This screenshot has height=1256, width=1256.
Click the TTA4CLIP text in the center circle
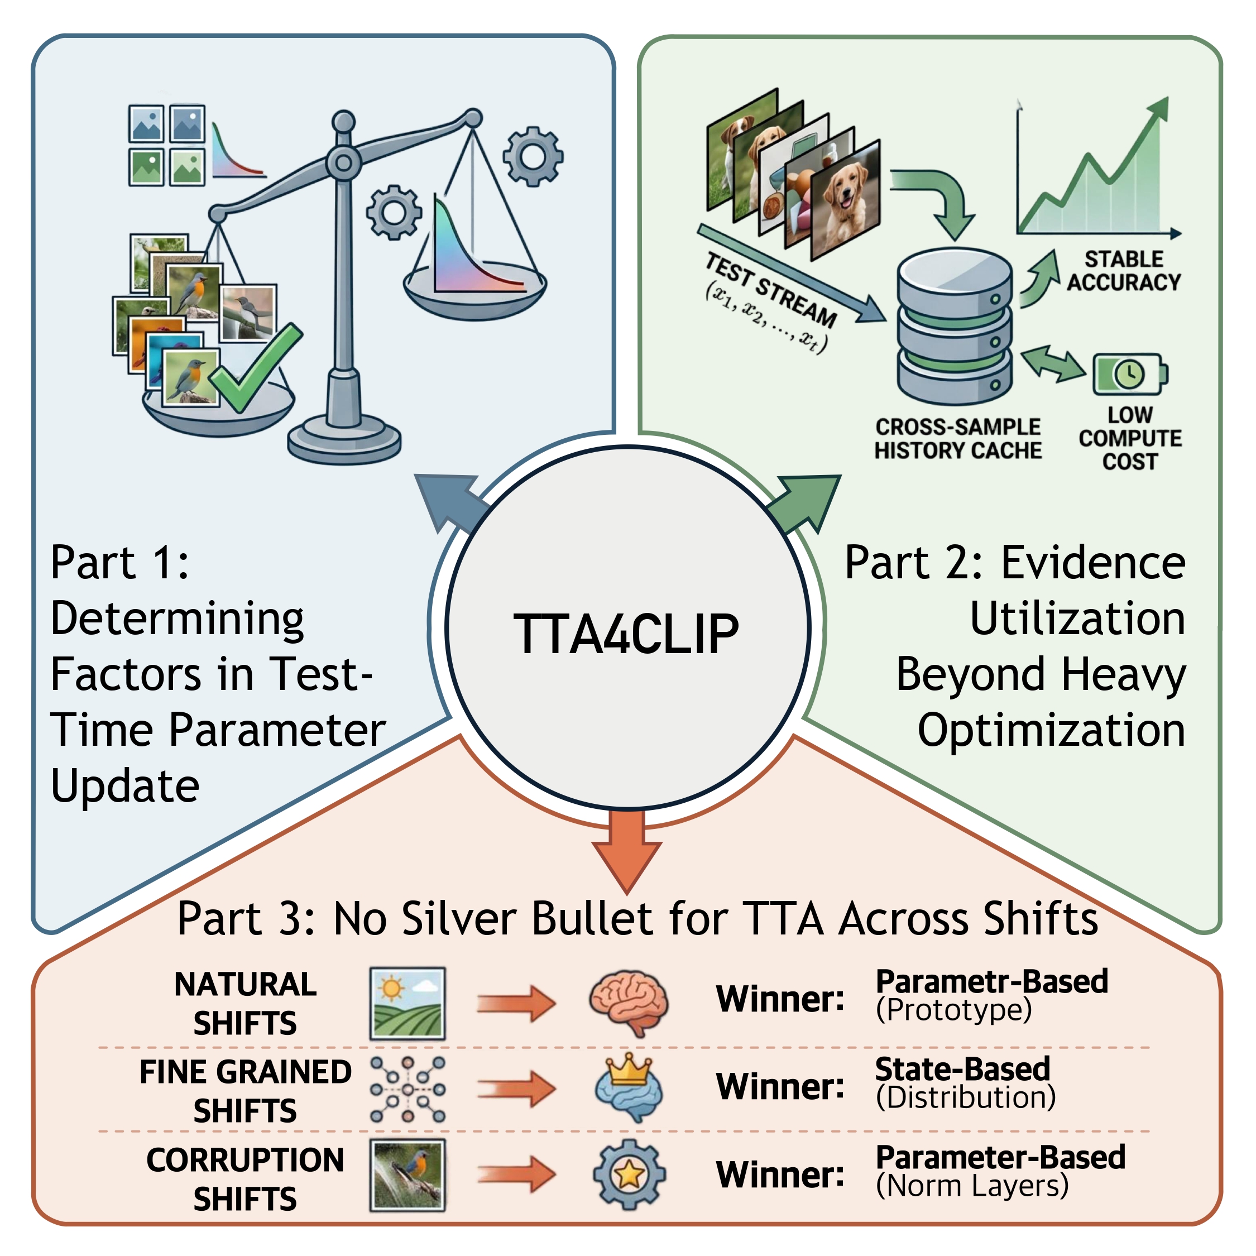pos(626,634)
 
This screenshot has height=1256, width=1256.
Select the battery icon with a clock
pos(1130,374)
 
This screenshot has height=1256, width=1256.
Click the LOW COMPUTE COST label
pos(1130,438)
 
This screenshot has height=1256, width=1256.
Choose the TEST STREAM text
pos(771,290)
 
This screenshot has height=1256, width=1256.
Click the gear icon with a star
pos(629,1174)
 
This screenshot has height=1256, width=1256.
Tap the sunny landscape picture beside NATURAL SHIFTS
pos(408,1003)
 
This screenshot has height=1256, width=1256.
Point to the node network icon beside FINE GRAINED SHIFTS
pos(408,1090)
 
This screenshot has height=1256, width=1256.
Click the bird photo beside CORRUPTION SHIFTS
pos(408,1174)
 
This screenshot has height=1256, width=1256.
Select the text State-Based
pos(963,1070)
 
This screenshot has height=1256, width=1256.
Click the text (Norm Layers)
pos(972,1185)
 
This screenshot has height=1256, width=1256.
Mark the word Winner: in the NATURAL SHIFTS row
pos(780,999)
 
